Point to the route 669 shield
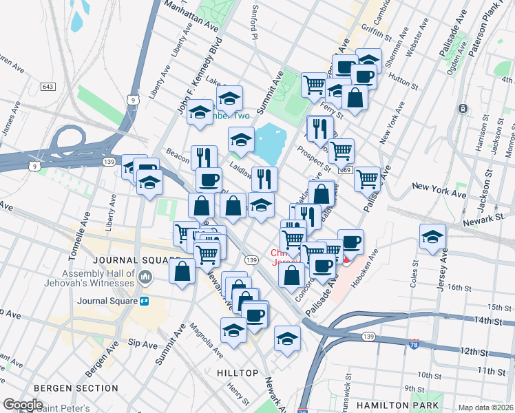(x=346, y=170)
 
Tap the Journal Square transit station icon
(x=145, y=301)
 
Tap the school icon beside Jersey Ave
(x=432, y=237)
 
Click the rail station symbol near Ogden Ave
(x=463, y=109)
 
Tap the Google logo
(x=23, y=405)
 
